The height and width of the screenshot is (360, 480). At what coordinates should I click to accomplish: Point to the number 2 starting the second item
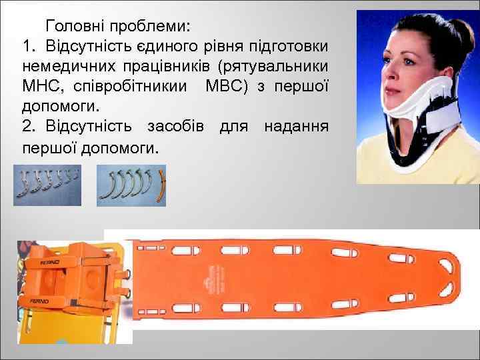(x=27, y=126)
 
